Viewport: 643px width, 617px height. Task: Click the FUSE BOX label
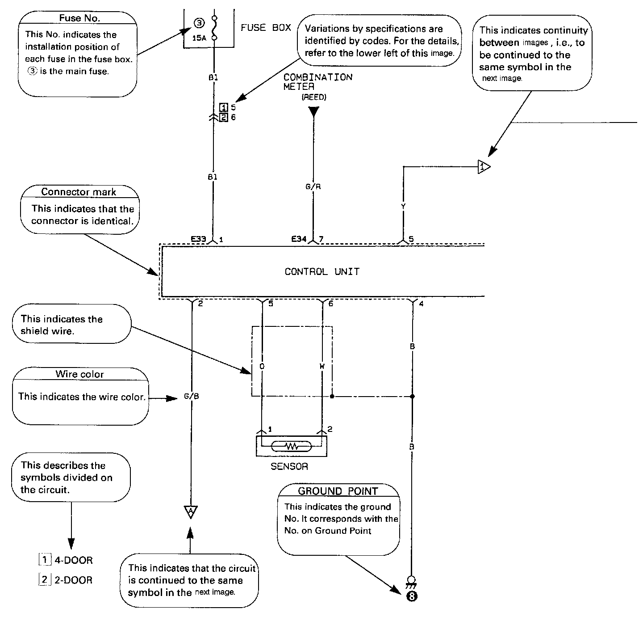266,28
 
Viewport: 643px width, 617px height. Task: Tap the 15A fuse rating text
199,38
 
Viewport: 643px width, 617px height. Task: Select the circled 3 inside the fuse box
199,24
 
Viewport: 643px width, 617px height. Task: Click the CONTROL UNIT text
322,271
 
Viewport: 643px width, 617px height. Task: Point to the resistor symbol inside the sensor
292,446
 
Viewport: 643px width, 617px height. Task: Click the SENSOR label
289,467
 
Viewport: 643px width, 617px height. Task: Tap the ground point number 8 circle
412,596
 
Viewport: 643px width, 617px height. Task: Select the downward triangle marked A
191,511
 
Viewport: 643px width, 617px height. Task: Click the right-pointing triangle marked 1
483,167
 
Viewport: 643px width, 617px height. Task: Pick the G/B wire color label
191,397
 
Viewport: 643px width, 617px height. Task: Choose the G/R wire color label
313,187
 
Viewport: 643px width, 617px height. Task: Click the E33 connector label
198,239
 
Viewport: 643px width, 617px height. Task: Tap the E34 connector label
299,239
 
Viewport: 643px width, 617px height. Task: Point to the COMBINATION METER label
317,82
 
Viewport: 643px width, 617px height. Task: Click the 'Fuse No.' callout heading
79,18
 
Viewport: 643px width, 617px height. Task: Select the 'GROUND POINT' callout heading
338,491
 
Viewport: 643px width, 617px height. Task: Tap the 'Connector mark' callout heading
79,192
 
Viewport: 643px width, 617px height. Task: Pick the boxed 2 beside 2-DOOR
44,580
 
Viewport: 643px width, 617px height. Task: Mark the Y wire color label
403,207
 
